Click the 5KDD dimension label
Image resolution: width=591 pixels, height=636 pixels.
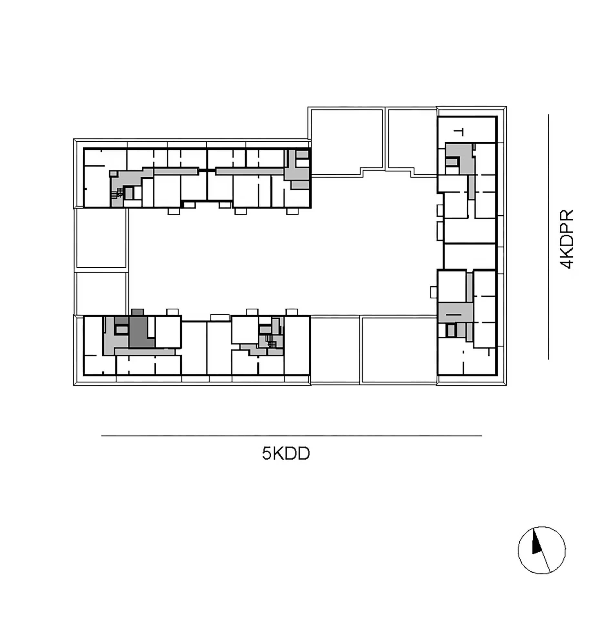(x=286, y=453)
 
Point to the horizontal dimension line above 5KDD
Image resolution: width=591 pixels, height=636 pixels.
(x=292, y=436)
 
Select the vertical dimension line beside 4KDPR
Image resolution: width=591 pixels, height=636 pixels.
(x=548, y=237)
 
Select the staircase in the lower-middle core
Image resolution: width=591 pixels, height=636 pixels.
(x=272, y=341)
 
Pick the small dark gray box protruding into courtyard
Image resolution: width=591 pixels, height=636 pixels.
(x=138, y=312)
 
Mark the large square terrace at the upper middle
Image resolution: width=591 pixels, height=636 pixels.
(x=347, y=141)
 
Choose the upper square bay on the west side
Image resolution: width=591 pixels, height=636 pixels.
(x=101, y=238)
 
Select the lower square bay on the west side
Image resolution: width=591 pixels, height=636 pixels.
(x=101, y=293)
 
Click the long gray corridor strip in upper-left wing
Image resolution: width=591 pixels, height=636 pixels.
(x=176, y=171)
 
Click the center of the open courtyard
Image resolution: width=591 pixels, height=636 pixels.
(x=281, y=262)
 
